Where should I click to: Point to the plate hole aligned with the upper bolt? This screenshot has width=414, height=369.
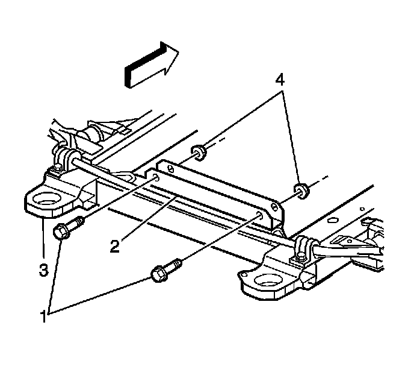click(x=156, y=178)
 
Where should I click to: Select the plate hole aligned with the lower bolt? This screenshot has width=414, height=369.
click(x=259, y=214)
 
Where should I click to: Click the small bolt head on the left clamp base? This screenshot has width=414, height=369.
click(x=55, y=168)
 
